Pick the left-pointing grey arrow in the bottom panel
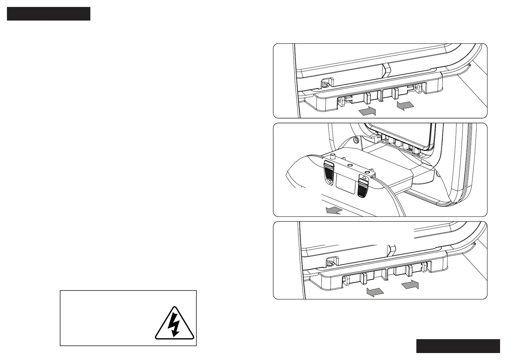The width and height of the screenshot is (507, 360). point(375,292)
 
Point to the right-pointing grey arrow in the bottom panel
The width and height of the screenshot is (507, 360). point(410,284)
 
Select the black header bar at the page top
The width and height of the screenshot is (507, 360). point(49,14)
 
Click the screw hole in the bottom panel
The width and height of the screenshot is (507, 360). point(329,262)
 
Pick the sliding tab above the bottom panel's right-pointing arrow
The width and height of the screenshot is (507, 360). point(410,270)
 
